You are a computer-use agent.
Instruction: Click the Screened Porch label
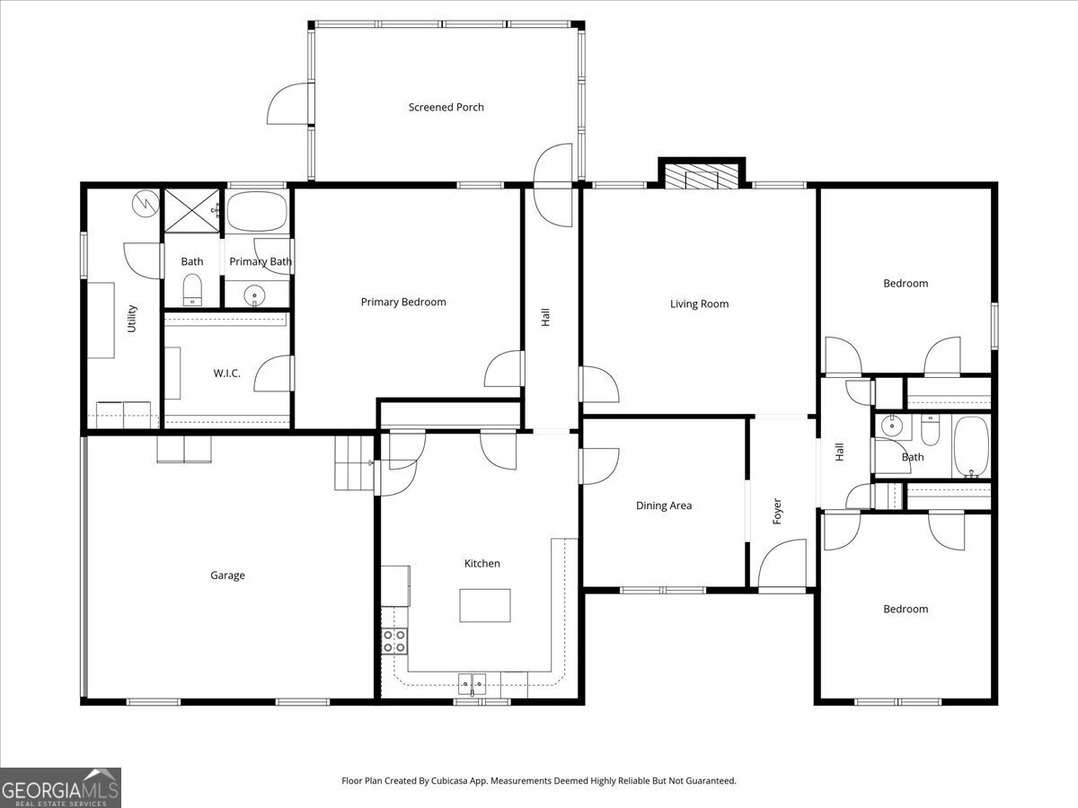coord(446,107)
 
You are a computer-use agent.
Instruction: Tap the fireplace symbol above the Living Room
coord(702,176)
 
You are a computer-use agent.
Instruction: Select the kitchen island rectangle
coord(485,605)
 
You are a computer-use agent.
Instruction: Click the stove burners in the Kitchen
coord(394,640)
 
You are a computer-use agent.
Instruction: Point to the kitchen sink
coord(473,685)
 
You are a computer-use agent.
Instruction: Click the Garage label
coord(227,575)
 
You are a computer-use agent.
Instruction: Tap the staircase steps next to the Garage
coord(353,462)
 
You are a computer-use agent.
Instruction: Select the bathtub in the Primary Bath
coord(257,212)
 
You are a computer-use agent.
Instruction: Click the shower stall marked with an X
coord(190,212)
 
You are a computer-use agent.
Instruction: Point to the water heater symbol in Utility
coord(143,206)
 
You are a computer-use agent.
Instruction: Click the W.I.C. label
coord(226,373)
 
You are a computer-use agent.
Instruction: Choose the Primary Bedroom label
coord(403,302)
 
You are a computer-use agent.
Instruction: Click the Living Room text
coord(699,303)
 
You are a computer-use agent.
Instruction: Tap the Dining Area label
coord(664,505)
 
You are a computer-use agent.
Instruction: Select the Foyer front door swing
coord(780,564)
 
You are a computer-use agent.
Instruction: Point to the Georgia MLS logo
coord(60,787)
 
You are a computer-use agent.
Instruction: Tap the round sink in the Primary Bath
coord(256,294)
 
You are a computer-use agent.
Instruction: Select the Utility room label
coord(132,319)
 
